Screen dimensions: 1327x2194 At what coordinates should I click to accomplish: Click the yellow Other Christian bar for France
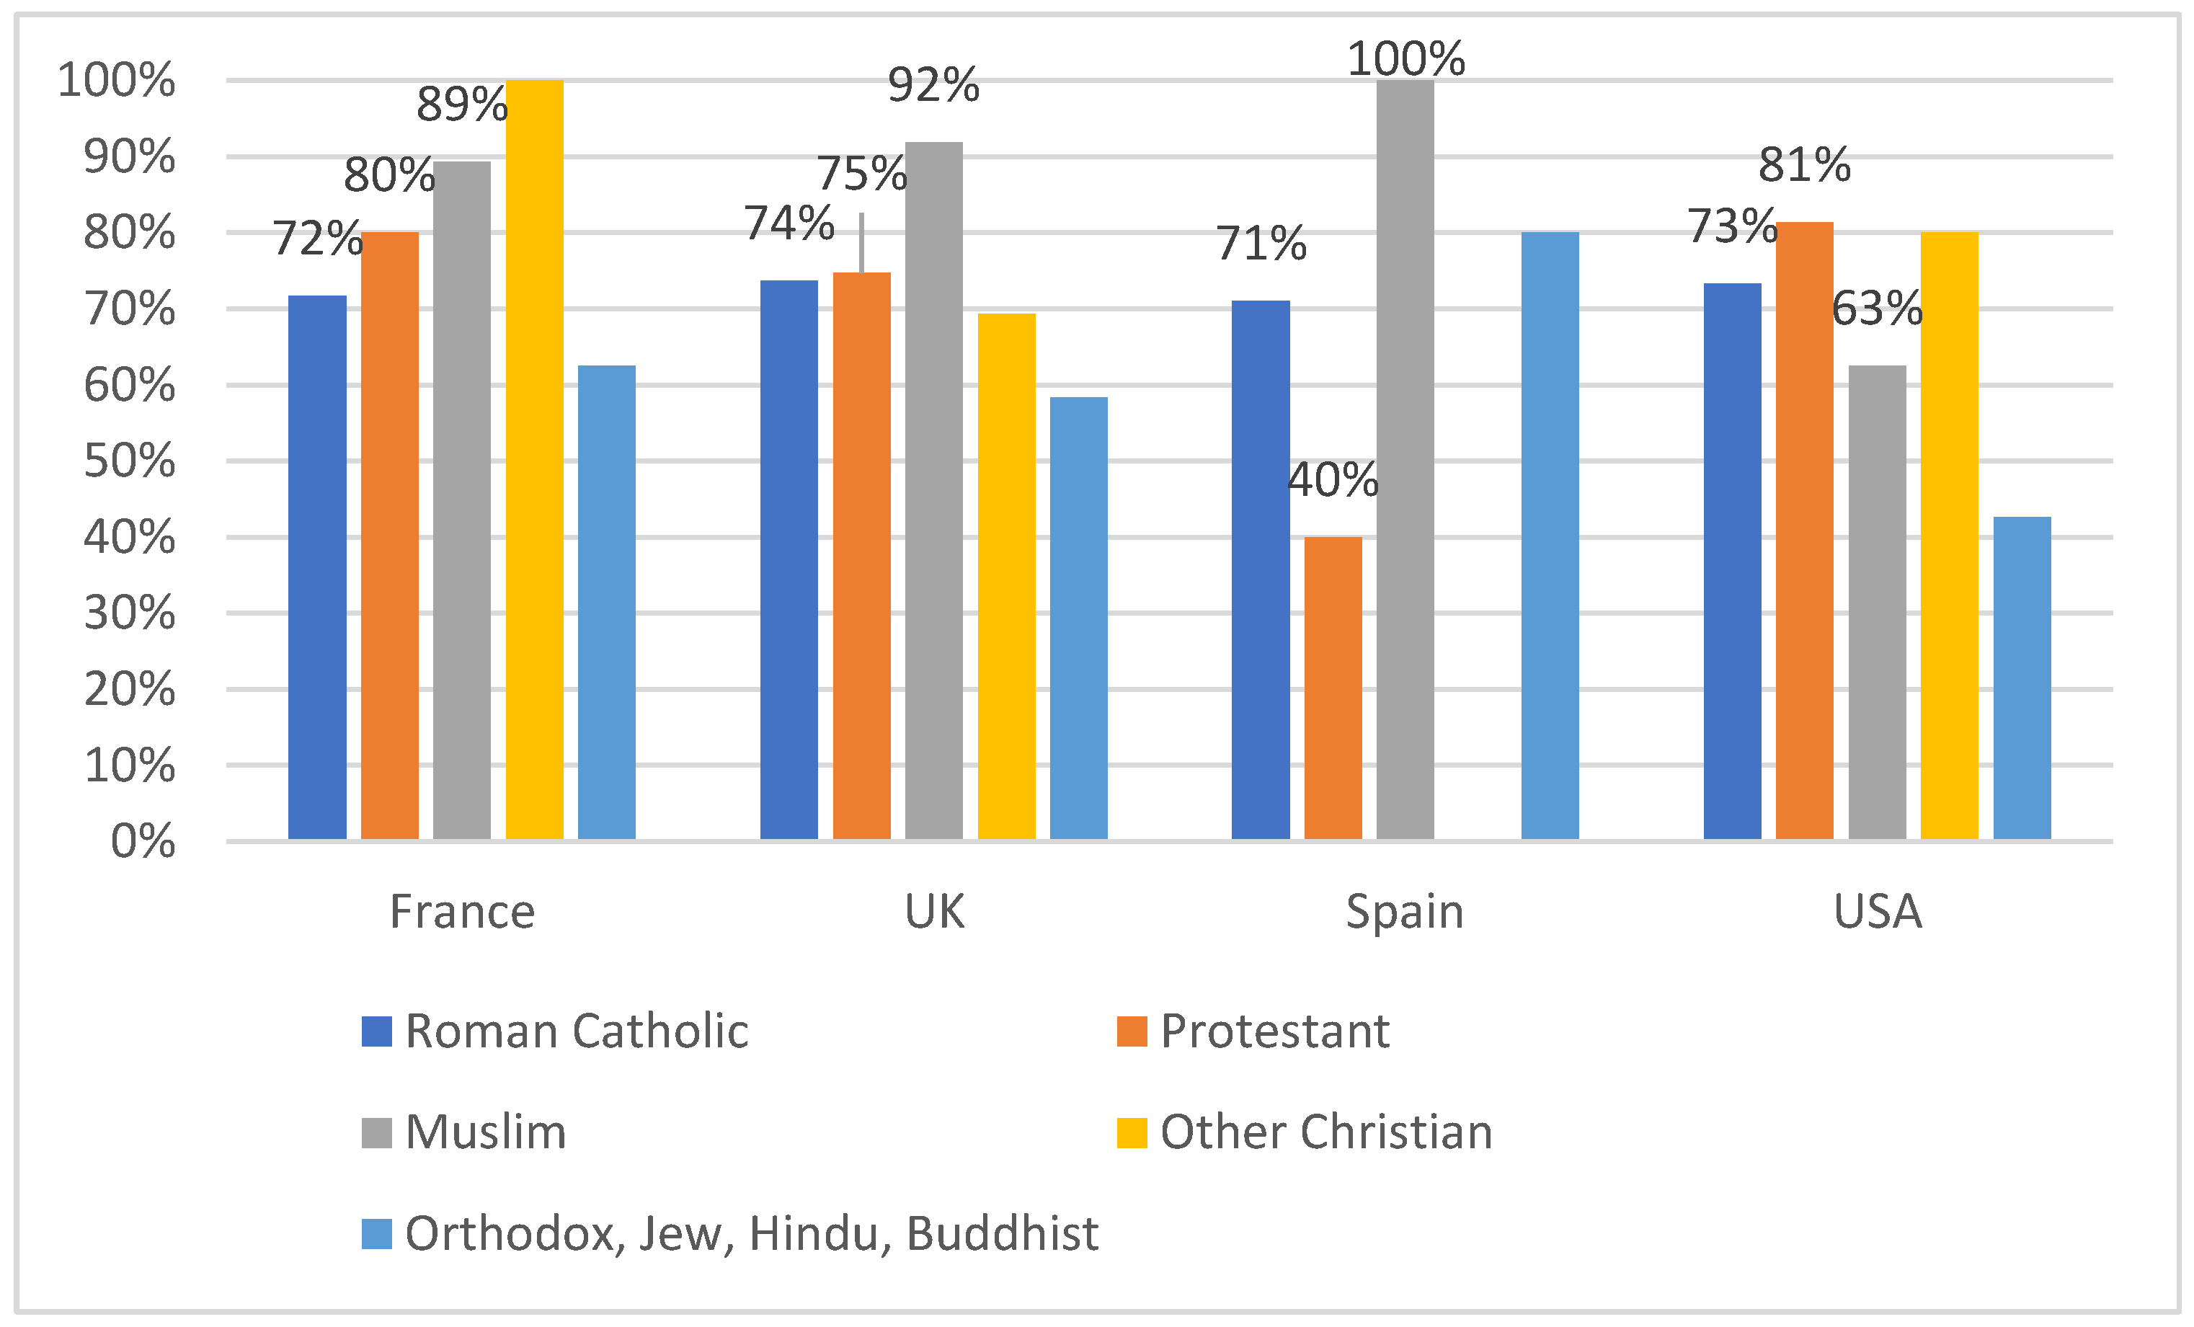tap(534, 458)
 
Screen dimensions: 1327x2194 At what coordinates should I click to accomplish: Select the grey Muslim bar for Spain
tap(1405, 458)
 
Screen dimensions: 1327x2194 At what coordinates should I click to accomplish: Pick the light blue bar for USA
tap(2022, 677)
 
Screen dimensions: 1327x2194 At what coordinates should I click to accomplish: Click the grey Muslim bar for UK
tap(934, 490)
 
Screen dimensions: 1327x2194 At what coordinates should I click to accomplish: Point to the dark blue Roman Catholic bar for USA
tap(1732, 561)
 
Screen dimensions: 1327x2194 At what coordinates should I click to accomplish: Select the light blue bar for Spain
tap(1550, 534)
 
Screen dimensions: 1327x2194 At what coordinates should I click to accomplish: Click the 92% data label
tap(933, 86)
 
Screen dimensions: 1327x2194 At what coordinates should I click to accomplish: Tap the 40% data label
tap(1333, 480)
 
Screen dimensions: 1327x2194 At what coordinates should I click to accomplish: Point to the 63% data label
tap(1877, 309)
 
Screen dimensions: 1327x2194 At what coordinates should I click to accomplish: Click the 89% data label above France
tap(462, 105)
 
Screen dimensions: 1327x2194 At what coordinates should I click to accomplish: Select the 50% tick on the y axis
tap(130, 461)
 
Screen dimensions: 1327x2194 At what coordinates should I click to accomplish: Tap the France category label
tap(462, 912)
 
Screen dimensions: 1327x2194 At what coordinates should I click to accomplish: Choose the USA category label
tap(1877, 912)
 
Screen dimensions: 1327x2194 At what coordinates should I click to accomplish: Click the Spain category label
tap(1405, 912)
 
